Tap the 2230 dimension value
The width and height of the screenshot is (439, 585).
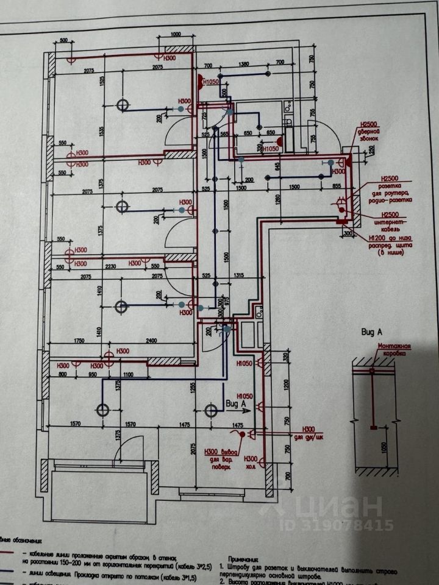(110, 266)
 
